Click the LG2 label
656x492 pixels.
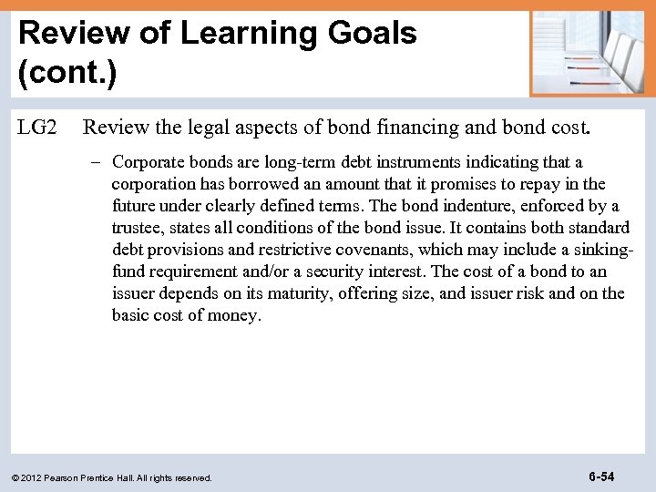(37, 128)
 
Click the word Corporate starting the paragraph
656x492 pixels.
(147, 162)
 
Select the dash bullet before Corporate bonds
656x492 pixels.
(100, 162)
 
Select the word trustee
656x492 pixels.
(138, 228)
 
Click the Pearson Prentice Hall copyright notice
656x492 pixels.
(112, 477)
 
